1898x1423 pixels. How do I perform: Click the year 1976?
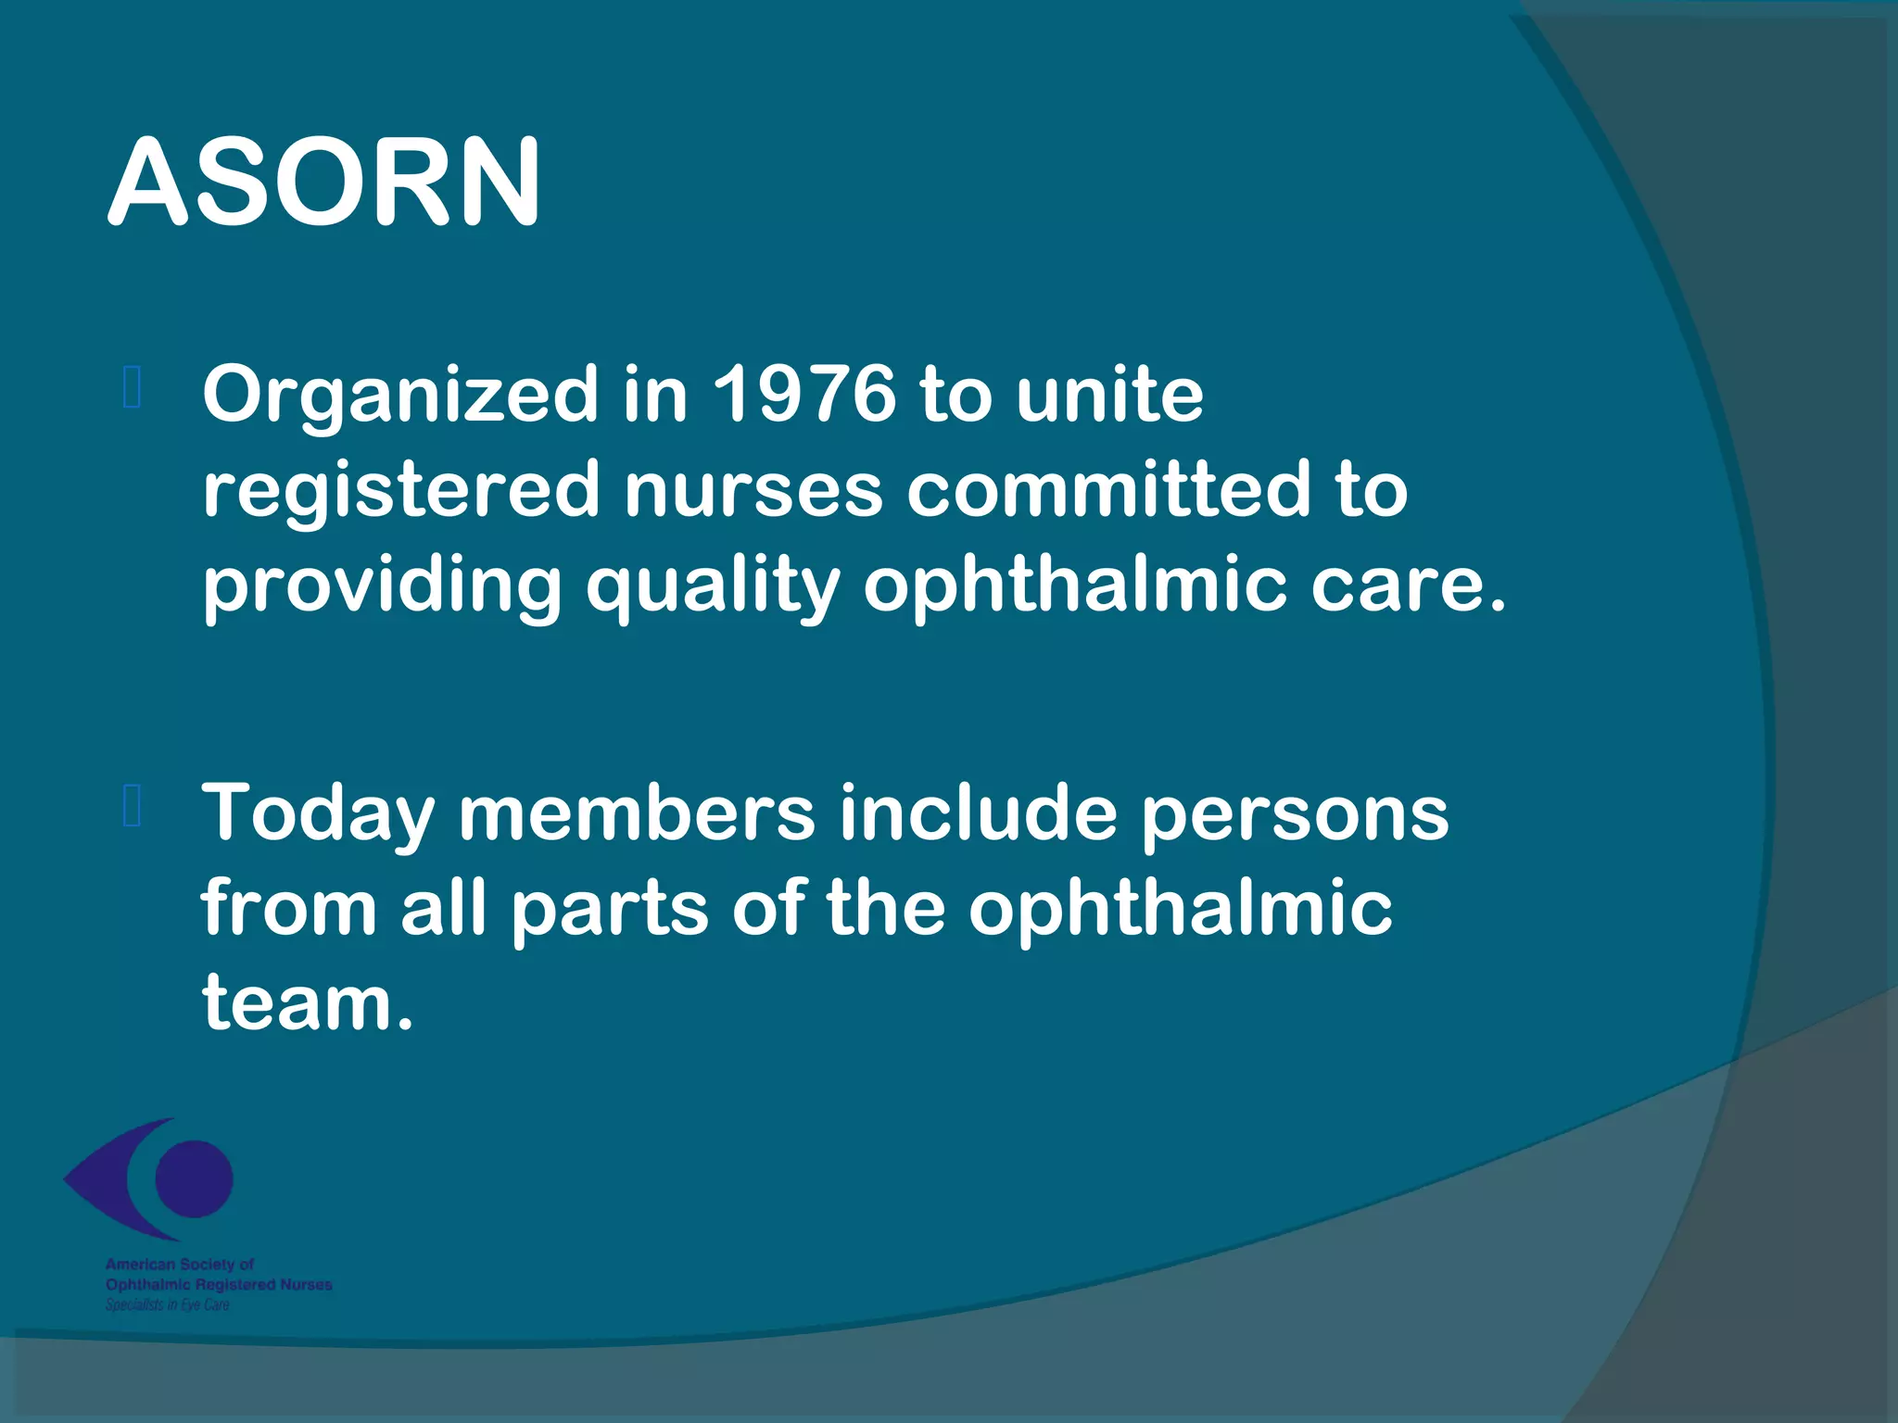804,394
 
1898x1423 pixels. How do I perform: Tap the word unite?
1109,394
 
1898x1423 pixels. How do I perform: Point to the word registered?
401,491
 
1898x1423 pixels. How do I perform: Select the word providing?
382,587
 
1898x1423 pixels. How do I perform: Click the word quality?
713,587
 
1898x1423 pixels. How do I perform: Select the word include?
978,812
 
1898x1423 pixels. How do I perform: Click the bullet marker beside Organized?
132,388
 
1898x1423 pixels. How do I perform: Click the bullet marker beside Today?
132,805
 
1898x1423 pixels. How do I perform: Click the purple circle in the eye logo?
194,1178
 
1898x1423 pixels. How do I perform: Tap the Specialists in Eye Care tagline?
167,1304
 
